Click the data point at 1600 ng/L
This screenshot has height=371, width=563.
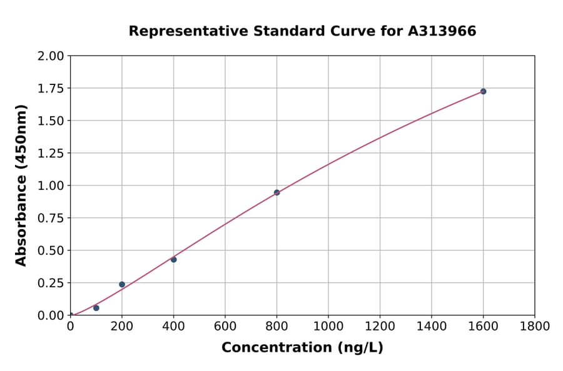[483, 91]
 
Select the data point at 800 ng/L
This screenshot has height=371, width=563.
[276, 192]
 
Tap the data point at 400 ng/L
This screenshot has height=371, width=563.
[173, 259]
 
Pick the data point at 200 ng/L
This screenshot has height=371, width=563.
[122, 284]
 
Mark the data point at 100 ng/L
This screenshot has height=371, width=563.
[96, 308]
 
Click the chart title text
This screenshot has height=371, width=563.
[302, 31]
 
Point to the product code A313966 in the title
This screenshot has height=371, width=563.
[442, 31]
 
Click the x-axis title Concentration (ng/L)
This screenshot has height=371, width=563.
[302, 348]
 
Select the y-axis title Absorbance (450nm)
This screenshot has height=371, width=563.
[21, 185]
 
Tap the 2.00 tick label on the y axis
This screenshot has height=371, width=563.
[51, 56]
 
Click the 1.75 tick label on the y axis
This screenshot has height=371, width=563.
[51, 89]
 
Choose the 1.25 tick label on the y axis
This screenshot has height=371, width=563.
[51, 154]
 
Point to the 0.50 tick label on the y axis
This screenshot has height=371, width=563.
[51, 250]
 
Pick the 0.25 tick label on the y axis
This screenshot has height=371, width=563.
[51, 283]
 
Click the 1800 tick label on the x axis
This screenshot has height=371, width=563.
[534, 326]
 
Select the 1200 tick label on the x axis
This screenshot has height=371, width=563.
[380, 326]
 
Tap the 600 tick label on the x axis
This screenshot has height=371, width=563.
[225, 326]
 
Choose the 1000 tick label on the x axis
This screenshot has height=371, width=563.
[328, 326]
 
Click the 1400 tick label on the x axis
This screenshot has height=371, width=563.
[432, 326]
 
